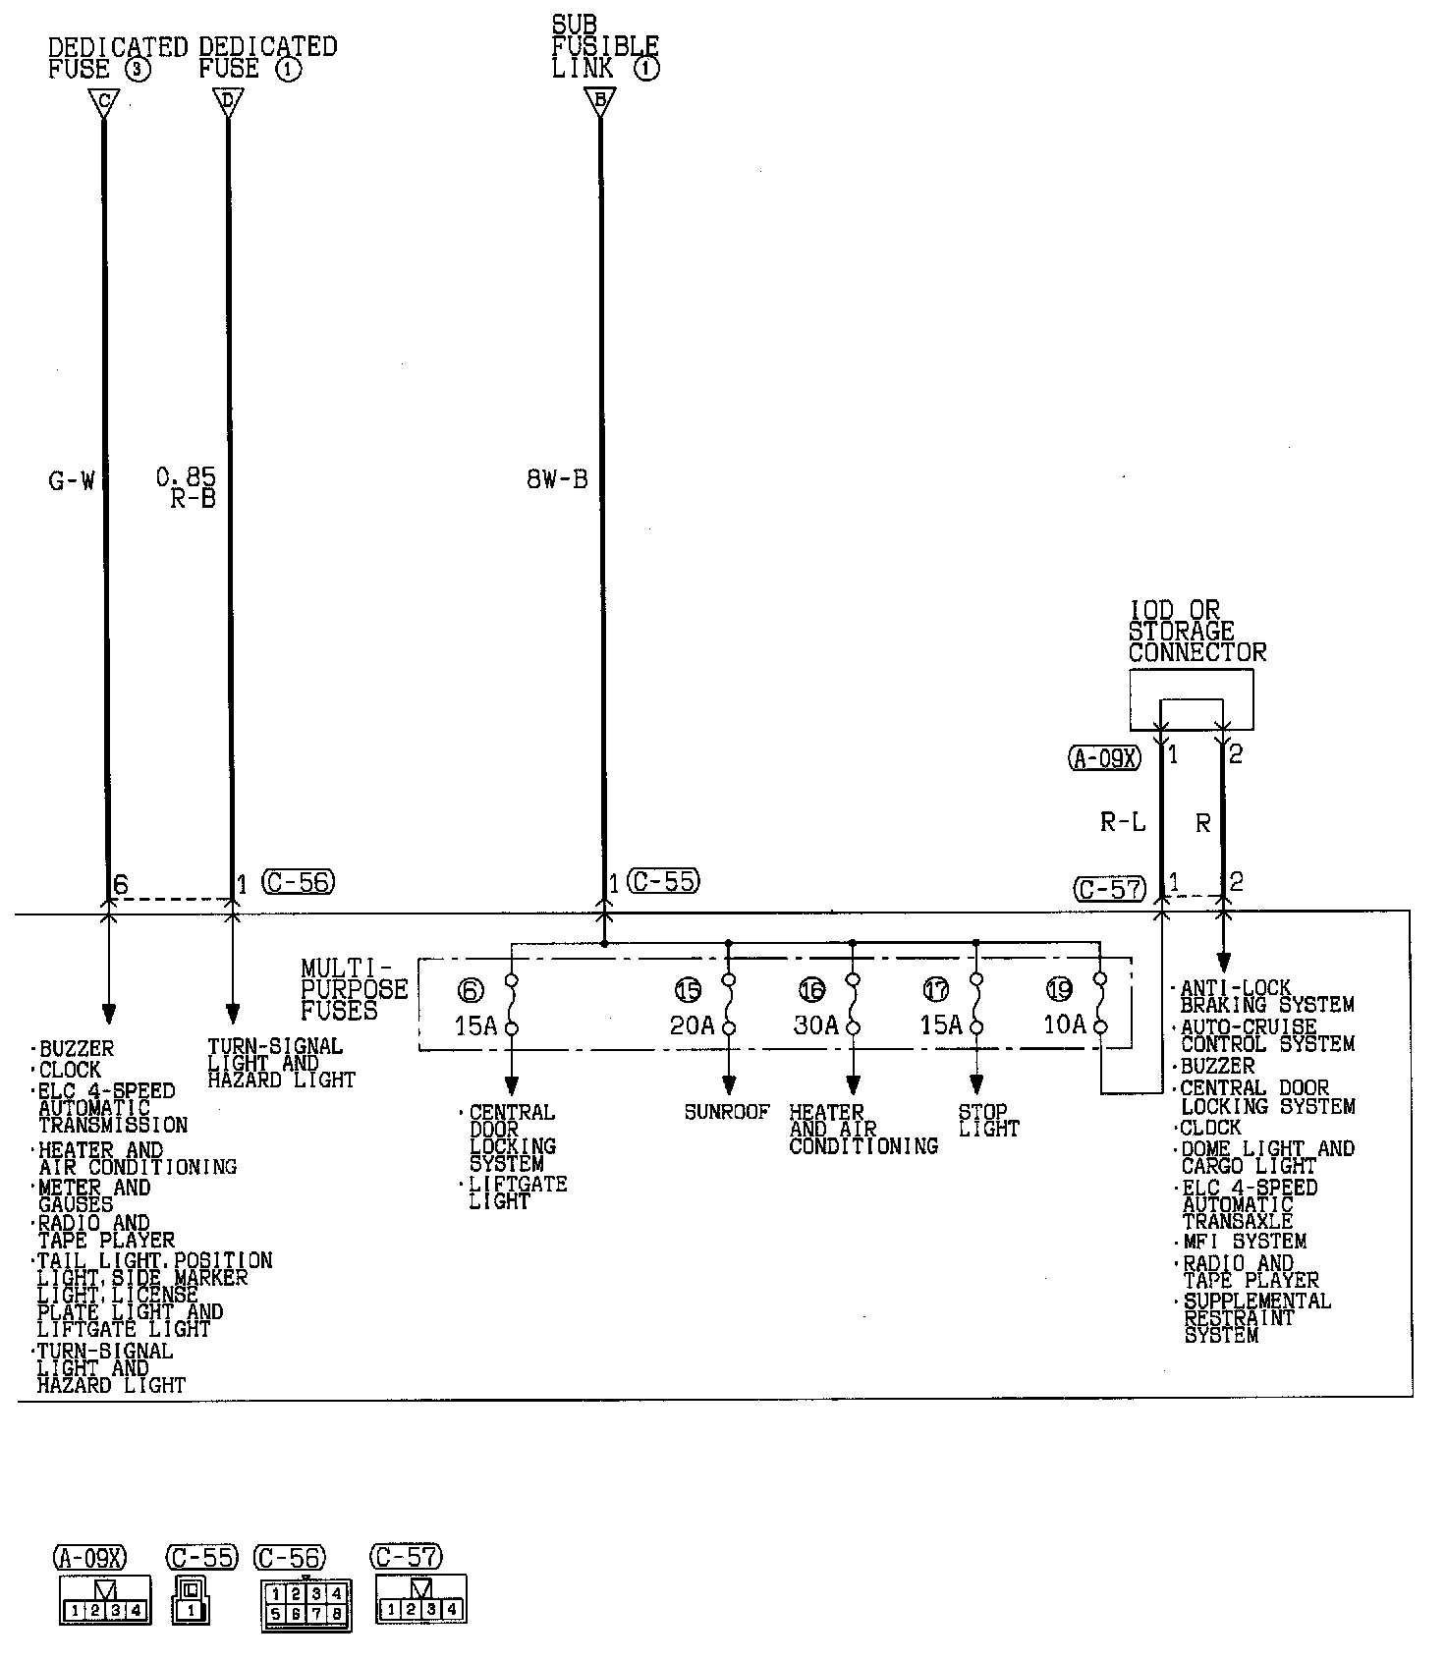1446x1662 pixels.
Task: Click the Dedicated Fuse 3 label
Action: [x=117, y=58]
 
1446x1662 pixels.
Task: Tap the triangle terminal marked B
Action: [x=600, y=101]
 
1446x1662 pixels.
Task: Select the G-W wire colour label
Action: [x=72, y=481]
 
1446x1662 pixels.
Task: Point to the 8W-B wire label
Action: [x=557, y=480]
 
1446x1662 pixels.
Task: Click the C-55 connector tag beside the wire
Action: [x=665, y=882]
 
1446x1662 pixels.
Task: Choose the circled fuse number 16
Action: [x=811, y=990]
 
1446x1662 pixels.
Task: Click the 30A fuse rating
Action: [x=816, y=1025]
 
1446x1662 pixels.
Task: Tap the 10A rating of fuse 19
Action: [x=1064, y=1025]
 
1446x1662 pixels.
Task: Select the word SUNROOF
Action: [x=727, y=1112]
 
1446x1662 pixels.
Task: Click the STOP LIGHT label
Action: [x=988, y=1121]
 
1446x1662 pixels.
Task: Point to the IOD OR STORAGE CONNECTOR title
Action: [x=1196, y=633]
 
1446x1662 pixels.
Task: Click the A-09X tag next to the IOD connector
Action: [x=1104, y=757]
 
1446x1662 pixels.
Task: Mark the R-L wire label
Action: [x=1123, y=822]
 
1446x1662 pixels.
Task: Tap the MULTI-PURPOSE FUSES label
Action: [x=354, y=990]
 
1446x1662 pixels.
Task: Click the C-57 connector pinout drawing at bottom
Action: [x=420, y=1598]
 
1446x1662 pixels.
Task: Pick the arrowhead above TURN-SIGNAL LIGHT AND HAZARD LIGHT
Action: [x=233, y=1014]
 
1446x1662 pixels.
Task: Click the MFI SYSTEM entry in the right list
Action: [x=1244, y=1242]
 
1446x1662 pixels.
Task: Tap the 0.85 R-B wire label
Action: [x=187, y=488]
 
